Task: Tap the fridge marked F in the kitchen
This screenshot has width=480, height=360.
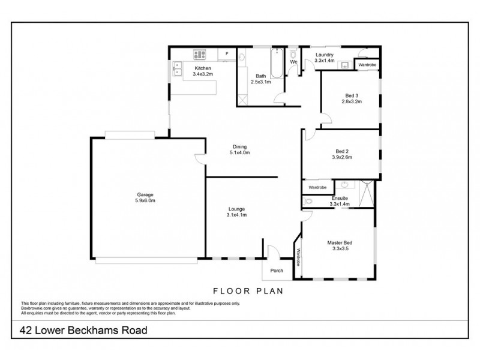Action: [x=227, y=55]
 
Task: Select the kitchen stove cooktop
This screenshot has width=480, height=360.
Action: [x=200, y=55]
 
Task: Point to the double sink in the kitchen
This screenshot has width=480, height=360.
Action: [x=178, y=69]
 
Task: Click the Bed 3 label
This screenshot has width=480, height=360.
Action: [x=352, y=95]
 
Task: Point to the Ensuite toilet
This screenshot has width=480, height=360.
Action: [x=308, y=202]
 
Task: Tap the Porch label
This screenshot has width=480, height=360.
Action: [x=277, y=271]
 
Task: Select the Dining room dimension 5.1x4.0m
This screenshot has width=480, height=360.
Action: [x=239, y=153]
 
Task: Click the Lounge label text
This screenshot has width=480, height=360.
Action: [x=236, y=209]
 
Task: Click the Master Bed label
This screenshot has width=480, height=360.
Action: [x=339, y=243]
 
